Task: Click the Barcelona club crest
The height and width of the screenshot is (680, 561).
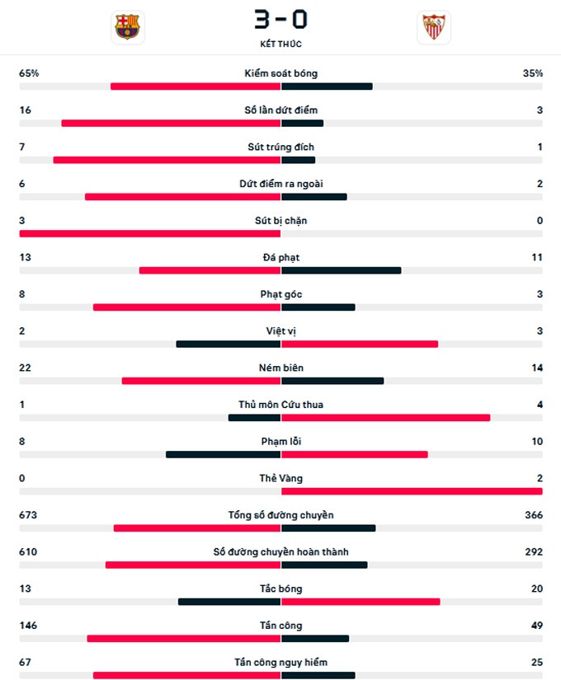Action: pyautogui.click(x=127, y=26)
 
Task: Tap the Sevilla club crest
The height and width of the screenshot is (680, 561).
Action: pyautogui.click(x=433, y=26)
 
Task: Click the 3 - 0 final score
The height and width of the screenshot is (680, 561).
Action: pyautogui.click(x=280, y=18)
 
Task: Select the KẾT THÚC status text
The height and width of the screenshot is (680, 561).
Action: pyautogui.click(x=280, y=44)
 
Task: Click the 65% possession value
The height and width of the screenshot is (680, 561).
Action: pyautogui.click(x=29, y=73)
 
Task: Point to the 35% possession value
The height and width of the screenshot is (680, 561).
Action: pyautogui.click(x=532, y=73)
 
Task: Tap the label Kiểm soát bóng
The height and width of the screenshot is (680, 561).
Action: pyautogui.click(x=280, y=73)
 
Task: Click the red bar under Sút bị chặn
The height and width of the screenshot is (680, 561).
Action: pyautogui.click(x=150, y=233)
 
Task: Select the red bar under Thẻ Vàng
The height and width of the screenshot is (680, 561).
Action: pyautogui.click(x=412, y=491)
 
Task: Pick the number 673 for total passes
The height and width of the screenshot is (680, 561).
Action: pyautogui.click(x=28, y=515)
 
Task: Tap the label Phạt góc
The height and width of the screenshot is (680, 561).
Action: pyautogui.click(x=280, y=294)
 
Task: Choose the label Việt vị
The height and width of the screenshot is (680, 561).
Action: pyautogui.click(x=280, y=331)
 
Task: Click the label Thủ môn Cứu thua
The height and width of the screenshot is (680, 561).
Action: pyautogui.click(x=280, y=405)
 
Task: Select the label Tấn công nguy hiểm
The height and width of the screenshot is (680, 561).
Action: pyautogui.click(x=280, y=663)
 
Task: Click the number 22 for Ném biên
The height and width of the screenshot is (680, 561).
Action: pyautogui.click(x=25, y=368)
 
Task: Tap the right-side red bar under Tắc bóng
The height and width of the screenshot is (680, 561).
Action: pyautogui.click(x=361, y=602)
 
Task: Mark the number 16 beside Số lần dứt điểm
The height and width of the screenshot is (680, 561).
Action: pyautogui.click(x=25, y=110)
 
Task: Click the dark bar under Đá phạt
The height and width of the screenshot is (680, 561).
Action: pyautogui.click(x=341, y=270)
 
